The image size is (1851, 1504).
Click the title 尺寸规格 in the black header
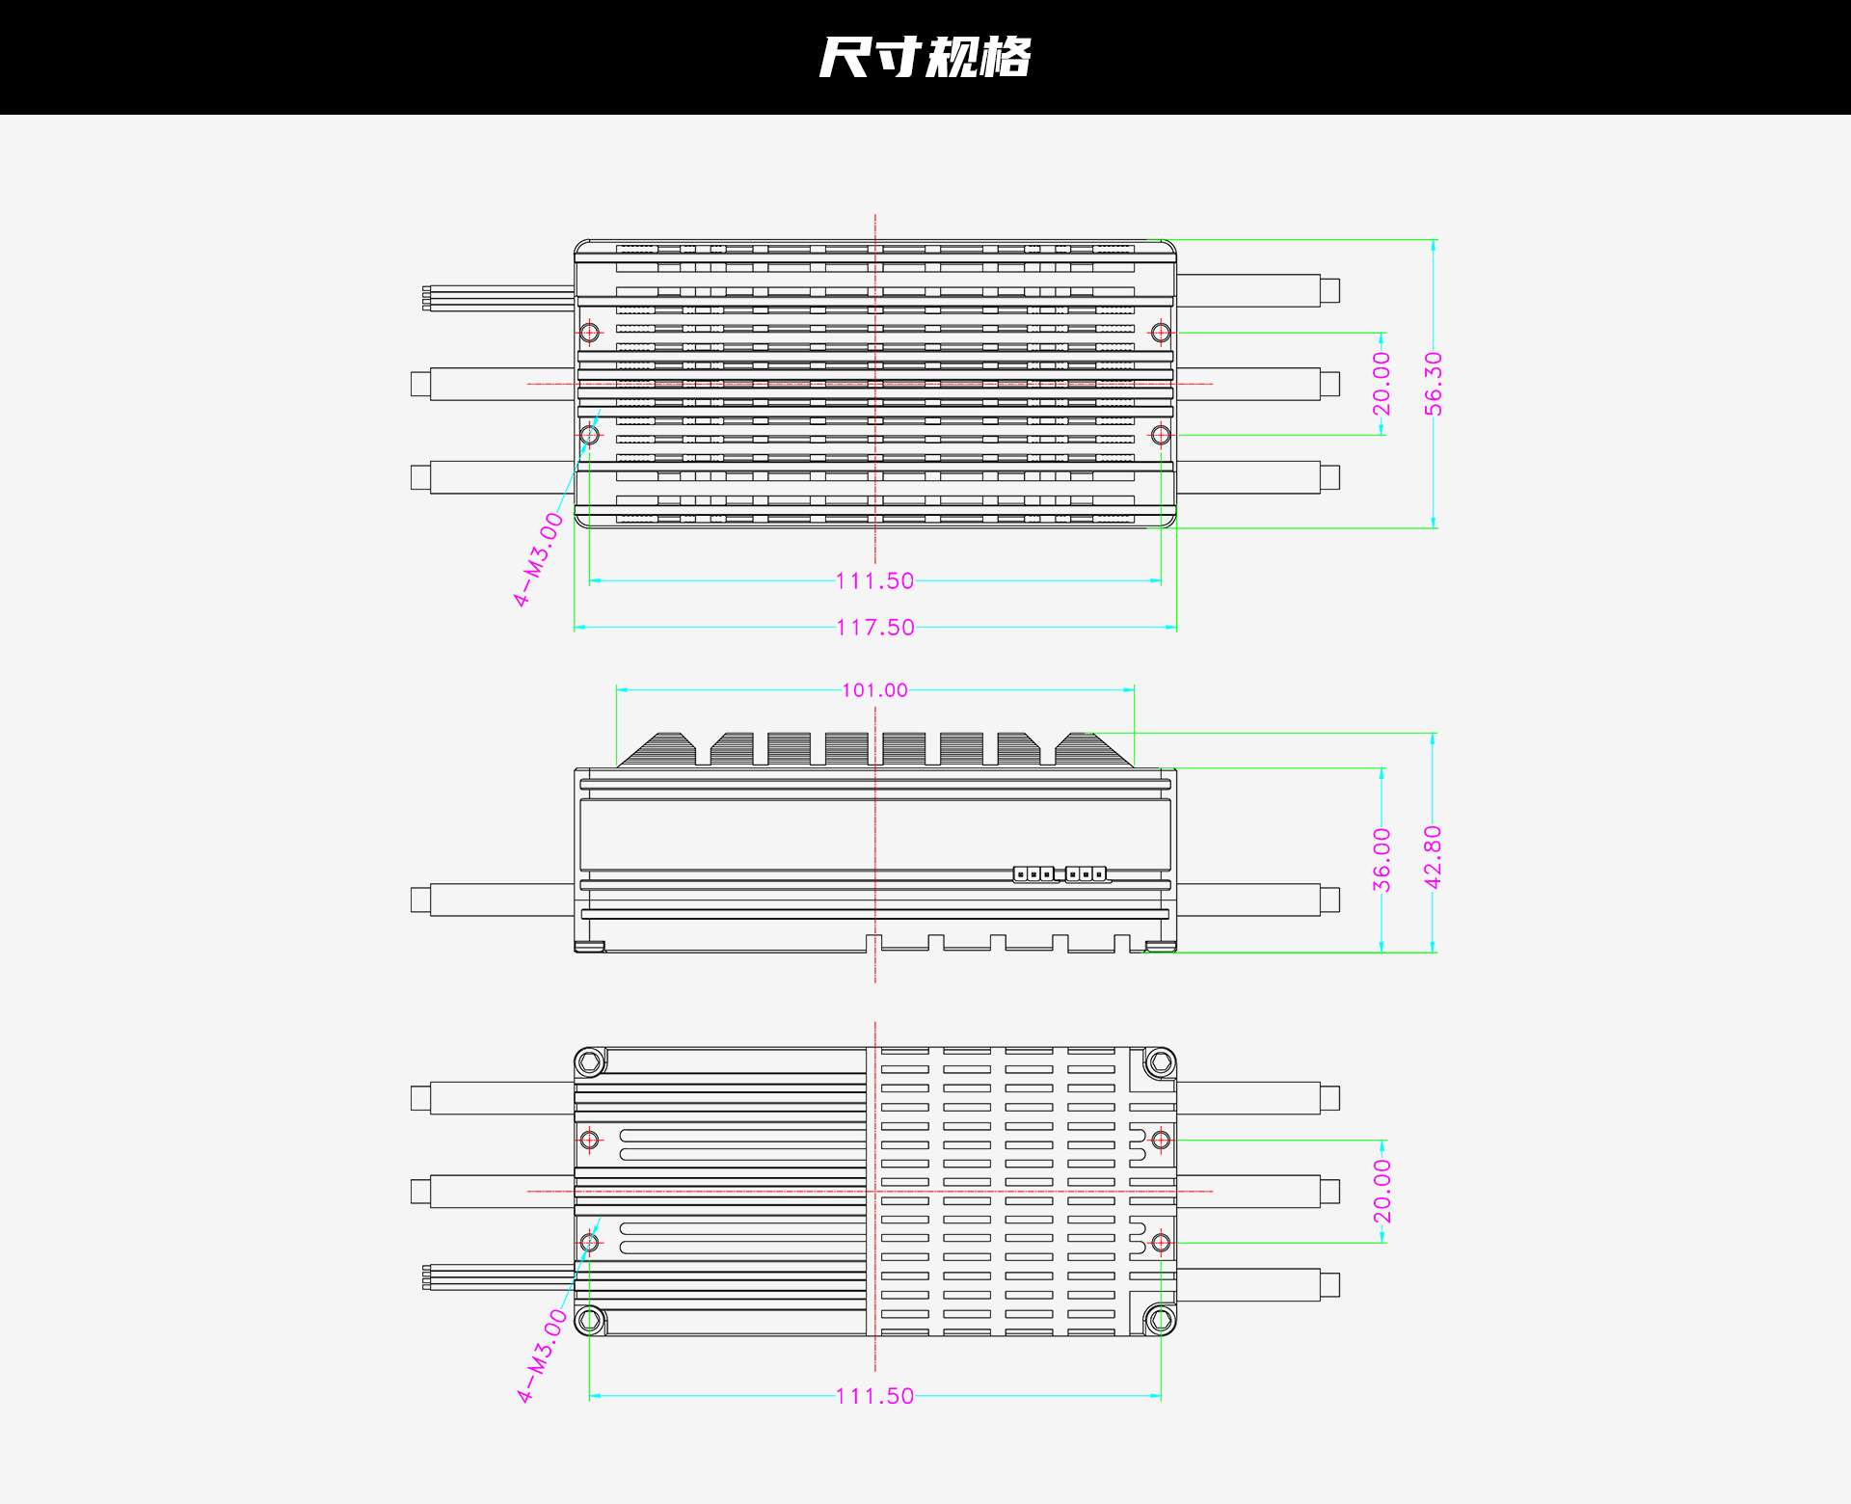pyautogui.click(x=925, y=57)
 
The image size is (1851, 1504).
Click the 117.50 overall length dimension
pyautogui.click(x=875, y=628)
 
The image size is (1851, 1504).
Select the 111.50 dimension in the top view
pyautogui.click(x=875, y=581)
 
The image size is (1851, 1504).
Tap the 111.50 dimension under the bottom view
pyautogui.click(x=875, y=1396)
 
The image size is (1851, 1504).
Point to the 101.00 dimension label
pyautogui.click(x=875, y=690)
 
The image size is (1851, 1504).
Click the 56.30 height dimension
pyautogui.click(x=1434, y=384)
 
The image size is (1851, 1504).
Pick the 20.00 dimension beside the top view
pyautogui.click(x=1382, y=384)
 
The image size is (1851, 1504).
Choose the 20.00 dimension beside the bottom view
pyautogui.click(x=1382, y=1192)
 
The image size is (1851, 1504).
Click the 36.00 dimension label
pyautogui.click(x=1382, y=860)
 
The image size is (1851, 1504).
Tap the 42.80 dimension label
pyautogui.click(x=1434, y=857)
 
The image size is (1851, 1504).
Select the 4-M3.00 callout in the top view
pyautogui.click(x=539, y=559)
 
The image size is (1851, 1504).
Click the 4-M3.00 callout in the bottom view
pyautogui.click(x=543, y=1356)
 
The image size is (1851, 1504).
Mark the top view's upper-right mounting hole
pyautogui.click(x=1161, y=333)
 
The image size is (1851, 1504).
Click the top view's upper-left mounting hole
pyautogui.click(x=590, y=333)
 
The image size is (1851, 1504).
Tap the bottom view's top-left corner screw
pyautogui.click(x=590, y=1063)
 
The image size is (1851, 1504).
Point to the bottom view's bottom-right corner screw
pyautogui.click(x=1161, y=1319)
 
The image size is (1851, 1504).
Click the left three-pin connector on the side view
pyautogui.click(x=1033, y=874)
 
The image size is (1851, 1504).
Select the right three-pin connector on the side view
pyautogui.click(x=1086, y=874)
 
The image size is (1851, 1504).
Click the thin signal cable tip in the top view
pyautogui.click(x=427, y=298)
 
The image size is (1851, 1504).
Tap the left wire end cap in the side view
pyautogui.click(x=420, y=900)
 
